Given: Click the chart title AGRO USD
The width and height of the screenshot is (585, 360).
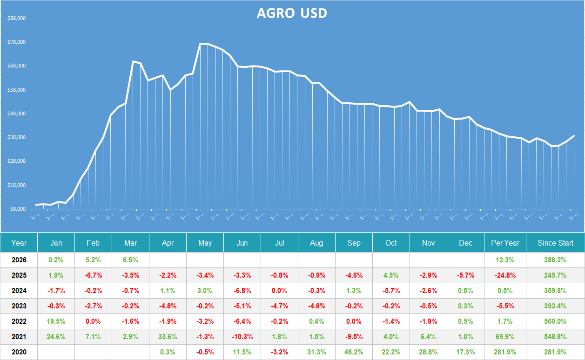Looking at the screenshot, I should [292, 13].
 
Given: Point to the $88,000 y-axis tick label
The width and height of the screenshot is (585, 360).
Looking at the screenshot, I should [16, 19].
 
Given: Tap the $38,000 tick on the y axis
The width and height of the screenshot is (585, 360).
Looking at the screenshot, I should [16, 138].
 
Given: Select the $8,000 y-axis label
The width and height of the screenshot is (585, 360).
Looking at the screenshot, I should [18, 209].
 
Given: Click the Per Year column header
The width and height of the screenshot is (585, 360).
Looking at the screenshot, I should [505, 243].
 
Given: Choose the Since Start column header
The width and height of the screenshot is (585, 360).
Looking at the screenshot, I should [555, 243].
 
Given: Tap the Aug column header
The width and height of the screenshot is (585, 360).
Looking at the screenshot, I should [316, 243].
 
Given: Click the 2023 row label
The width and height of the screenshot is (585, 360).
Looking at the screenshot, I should [19, 306].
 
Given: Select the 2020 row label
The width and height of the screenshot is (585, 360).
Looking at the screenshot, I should [19, 352].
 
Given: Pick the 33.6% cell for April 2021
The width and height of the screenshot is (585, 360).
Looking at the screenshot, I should [168, 337].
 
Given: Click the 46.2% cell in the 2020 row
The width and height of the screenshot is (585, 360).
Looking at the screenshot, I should [354, 352].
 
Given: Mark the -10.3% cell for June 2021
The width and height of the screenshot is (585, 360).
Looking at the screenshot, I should [242, 337].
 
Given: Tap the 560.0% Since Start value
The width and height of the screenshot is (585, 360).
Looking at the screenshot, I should [555, 321].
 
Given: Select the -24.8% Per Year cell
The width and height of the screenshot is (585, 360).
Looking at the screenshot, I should [505, 275].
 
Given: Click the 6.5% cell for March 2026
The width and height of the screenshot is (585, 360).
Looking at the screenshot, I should [130, 260].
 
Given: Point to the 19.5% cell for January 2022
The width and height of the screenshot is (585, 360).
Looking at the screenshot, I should [56, 321].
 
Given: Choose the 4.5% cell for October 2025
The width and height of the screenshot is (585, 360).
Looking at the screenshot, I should [391, 275].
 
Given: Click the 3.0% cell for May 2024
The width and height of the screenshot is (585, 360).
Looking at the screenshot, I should [205, 291].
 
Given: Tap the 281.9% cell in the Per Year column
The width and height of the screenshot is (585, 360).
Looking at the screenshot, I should [505, 352].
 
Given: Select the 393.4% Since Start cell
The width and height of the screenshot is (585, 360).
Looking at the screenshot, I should [555, 306].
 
